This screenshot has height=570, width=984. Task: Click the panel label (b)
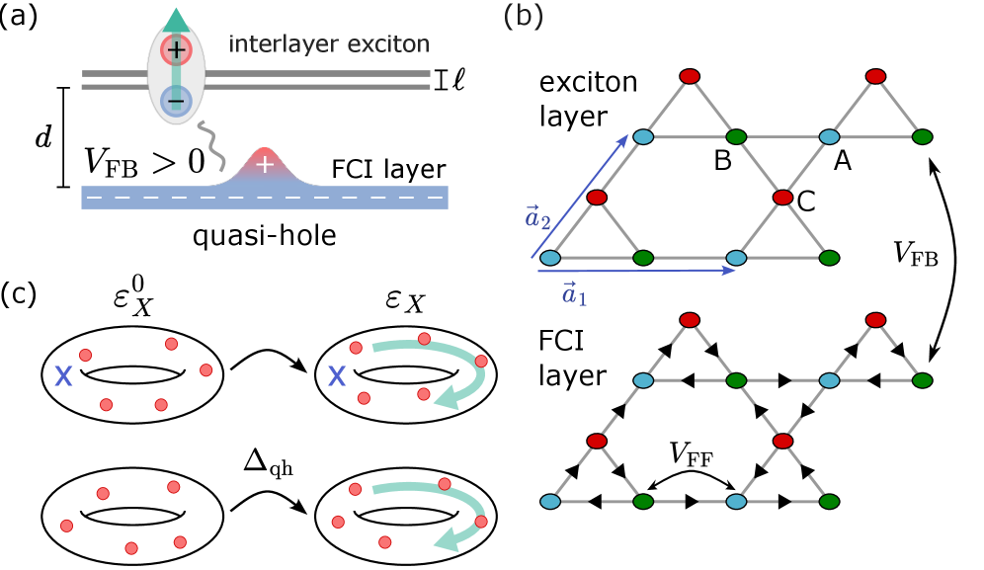tap(523, 16)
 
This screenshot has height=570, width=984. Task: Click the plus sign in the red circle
tap(176, 49)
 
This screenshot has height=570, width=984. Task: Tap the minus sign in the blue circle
tap(176, 100)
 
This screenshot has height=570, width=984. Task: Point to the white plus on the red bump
tap(264, 164)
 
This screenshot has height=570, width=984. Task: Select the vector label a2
tap(538, 217)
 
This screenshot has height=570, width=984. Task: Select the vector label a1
tap(574, 293)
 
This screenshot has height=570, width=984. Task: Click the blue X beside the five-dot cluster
tap(63, 375)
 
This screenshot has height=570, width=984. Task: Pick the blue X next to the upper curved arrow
tap(337, 375)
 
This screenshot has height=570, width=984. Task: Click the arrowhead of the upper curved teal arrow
tap(447, 397)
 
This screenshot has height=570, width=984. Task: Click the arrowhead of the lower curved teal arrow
tap(447, 540)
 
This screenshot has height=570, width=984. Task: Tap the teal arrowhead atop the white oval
tap(176, 20)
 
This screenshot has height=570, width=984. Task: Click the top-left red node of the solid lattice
tap(690, 76)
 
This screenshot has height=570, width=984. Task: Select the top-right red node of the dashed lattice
tap(875, 320)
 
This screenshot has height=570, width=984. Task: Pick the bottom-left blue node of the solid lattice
tap(550, 258)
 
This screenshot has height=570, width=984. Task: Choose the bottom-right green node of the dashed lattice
tap(829, 502)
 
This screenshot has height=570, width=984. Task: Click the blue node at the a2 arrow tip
tap(643, 136)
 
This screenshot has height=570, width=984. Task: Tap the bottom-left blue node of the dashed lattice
tap(550, 502)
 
